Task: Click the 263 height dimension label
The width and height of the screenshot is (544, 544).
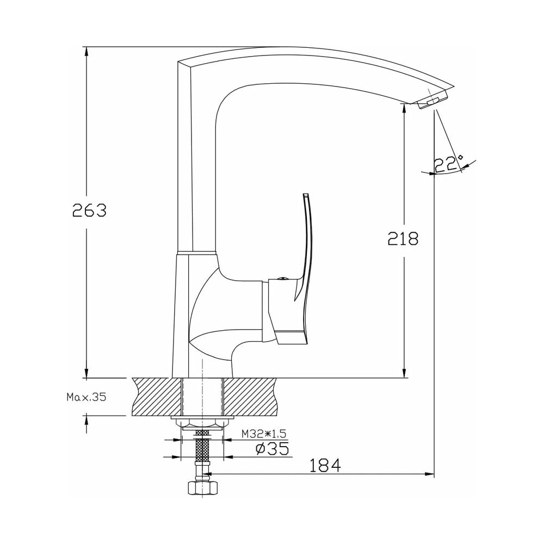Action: [x=89, y=210]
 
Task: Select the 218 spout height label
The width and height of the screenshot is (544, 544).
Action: [x=403, y=238]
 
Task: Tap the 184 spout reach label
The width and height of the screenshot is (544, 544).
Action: [x=325, y=465]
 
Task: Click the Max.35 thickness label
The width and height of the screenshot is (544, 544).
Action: [x=86, y=397]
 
